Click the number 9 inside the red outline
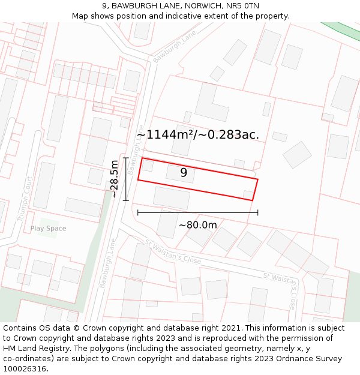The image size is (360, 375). (184, 173)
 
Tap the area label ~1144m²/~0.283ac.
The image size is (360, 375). (198, 134)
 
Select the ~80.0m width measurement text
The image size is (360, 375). (197, 225)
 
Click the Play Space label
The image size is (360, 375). (48, 229)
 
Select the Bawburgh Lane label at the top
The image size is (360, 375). (174, 47)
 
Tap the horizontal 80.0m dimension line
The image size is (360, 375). (197, 212)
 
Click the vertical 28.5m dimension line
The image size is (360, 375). (125, 179)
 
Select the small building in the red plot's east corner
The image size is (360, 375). (248, 194)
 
